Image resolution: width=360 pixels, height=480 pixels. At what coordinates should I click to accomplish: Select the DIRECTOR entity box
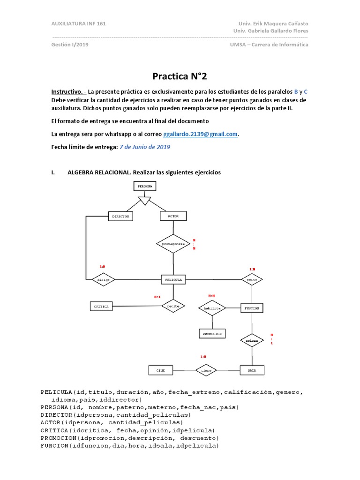click(x=120, y=216)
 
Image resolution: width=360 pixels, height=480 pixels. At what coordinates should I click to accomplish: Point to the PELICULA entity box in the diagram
click(x=173, y=279)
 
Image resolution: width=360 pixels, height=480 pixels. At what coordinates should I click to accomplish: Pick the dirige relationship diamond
click(x=104, y=280)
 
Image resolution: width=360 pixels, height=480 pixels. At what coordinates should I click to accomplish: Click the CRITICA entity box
click(x=101, y=307)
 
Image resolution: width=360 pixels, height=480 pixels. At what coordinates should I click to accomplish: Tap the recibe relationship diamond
click(x=173, y=306)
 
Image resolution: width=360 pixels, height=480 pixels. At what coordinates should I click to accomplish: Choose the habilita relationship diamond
click(x=212, y=308)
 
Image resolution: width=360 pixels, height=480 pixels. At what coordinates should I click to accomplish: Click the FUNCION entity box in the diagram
click(x=252, y=308)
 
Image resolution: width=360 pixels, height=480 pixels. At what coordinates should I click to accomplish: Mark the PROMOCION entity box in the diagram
click(x=212, y=333)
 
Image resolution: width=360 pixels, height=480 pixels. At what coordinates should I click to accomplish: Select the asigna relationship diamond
click(x=252, y=341)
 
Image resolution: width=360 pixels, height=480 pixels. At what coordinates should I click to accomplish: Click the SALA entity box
click(x=252, y=370)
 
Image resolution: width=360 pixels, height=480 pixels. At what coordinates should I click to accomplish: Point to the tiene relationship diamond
click(x=207, y=370)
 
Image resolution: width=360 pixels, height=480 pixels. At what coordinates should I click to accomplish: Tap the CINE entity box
click(x=161, y=370)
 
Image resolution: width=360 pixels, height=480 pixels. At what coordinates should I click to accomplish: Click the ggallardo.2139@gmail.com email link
click(x=201, y=134)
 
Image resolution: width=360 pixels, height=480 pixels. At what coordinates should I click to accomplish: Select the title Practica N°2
click(x=180, y=76)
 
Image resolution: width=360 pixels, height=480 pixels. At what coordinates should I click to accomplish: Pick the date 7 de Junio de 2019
click(x=145, y=147)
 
